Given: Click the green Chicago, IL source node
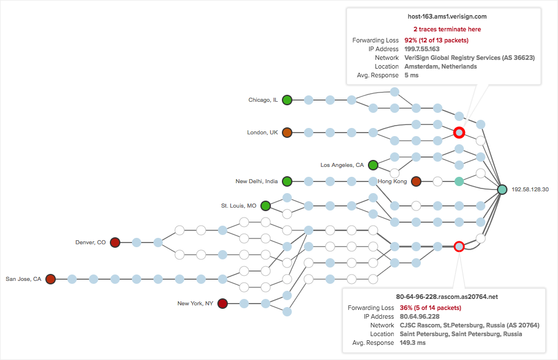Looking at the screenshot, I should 287,100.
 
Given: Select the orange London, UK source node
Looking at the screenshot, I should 287,133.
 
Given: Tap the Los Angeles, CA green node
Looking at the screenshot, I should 373,165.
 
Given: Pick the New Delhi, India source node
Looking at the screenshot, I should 287,181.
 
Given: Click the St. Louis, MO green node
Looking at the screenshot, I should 266,205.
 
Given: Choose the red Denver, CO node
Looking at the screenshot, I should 115,242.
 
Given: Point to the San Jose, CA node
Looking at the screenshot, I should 51,279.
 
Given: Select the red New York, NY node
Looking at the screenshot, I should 222,303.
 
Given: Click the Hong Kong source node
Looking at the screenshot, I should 416,181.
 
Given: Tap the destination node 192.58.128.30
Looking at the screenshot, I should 502,190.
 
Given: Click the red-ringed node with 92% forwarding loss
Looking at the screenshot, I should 459,133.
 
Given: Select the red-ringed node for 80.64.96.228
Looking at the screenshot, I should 459,247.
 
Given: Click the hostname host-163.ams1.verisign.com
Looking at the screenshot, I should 447,17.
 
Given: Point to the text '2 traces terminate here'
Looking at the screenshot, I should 447,29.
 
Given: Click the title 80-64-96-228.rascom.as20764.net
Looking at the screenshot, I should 447,297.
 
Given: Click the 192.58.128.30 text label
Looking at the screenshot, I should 530,190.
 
